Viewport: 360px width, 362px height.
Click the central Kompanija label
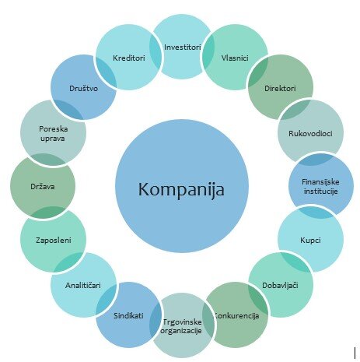[181, 189]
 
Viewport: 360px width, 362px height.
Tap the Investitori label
[183, 47]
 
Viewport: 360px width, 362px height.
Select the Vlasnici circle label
[235, 58]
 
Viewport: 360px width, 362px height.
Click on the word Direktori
[280, 88]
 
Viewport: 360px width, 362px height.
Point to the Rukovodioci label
[310, 133]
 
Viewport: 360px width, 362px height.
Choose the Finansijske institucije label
[320, 186]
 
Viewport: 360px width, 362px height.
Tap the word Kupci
[310, 240]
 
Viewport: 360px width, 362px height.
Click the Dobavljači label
[280, 285]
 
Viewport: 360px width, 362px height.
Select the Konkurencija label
[236, 315]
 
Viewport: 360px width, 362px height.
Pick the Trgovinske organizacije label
[181, 326]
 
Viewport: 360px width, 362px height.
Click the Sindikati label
[128, 315]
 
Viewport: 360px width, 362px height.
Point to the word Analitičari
[82, 285]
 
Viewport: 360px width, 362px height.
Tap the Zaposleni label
[54, 240]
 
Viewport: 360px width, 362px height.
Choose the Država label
[43, 186]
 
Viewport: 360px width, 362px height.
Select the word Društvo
[83, 88]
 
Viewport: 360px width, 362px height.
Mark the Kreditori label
[128, 58]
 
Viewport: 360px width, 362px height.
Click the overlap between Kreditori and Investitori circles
[156, 52]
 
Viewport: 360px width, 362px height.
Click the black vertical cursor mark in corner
[355, 353]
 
